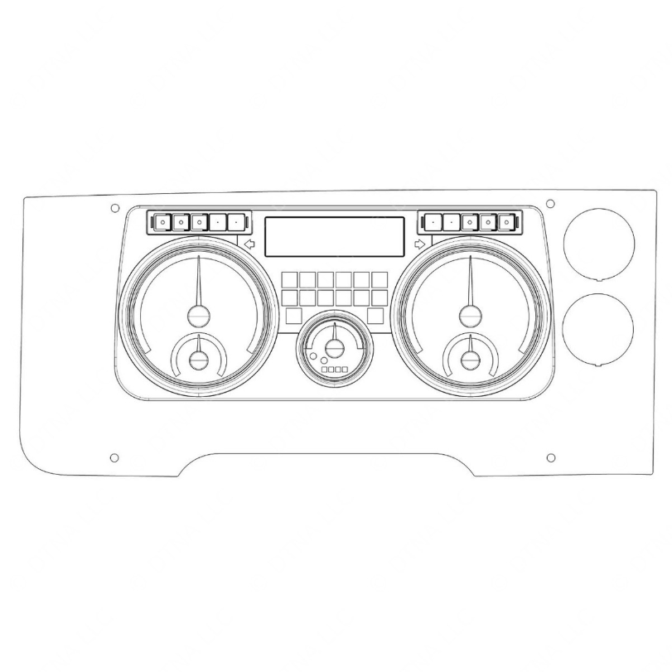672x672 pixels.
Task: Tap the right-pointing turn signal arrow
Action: coord(420,244)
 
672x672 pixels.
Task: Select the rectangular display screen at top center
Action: coord(334,236)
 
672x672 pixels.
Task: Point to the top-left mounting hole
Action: coord(114,208)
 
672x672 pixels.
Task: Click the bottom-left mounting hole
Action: coord(114,457)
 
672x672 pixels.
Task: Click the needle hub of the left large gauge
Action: coord(199,315)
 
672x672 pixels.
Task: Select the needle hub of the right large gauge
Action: coord(471,315)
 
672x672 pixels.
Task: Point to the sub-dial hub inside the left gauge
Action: coord(199,359)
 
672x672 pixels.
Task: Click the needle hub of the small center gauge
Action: coord(334,348)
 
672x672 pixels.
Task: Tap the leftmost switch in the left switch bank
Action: coord(162,222)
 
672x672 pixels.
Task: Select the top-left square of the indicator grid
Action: coord(289,279)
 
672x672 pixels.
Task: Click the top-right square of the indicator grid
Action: coord(380,279)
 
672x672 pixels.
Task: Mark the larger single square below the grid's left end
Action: coord(293,315)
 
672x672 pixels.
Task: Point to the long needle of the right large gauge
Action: coord(471,282)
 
